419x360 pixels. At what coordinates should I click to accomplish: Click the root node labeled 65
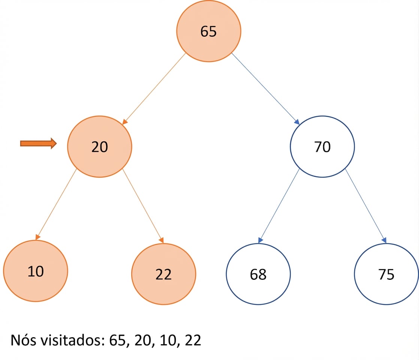point(208,31)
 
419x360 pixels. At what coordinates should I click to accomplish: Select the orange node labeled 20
point(99,147)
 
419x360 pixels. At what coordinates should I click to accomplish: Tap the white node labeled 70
point(322,147)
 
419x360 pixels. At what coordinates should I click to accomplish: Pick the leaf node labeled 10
point(36,271)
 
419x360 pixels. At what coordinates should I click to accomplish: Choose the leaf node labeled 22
point(163,274)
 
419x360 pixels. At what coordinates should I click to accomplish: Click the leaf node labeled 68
point(258,274)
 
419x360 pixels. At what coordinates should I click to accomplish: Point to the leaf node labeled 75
point(386,274)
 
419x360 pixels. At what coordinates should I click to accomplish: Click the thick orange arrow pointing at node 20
point(39,144)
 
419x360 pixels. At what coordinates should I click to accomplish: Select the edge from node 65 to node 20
point(154,89)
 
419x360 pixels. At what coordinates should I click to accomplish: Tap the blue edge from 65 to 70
point(265,89)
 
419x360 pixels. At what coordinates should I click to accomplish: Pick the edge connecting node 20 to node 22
point(143,206)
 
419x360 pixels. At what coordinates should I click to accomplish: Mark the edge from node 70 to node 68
point(279,206)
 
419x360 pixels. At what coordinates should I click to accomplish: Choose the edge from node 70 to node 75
point(366,206)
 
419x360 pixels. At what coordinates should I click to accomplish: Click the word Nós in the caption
point(24,340)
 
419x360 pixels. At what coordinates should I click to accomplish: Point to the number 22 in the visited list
point(193,340)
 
